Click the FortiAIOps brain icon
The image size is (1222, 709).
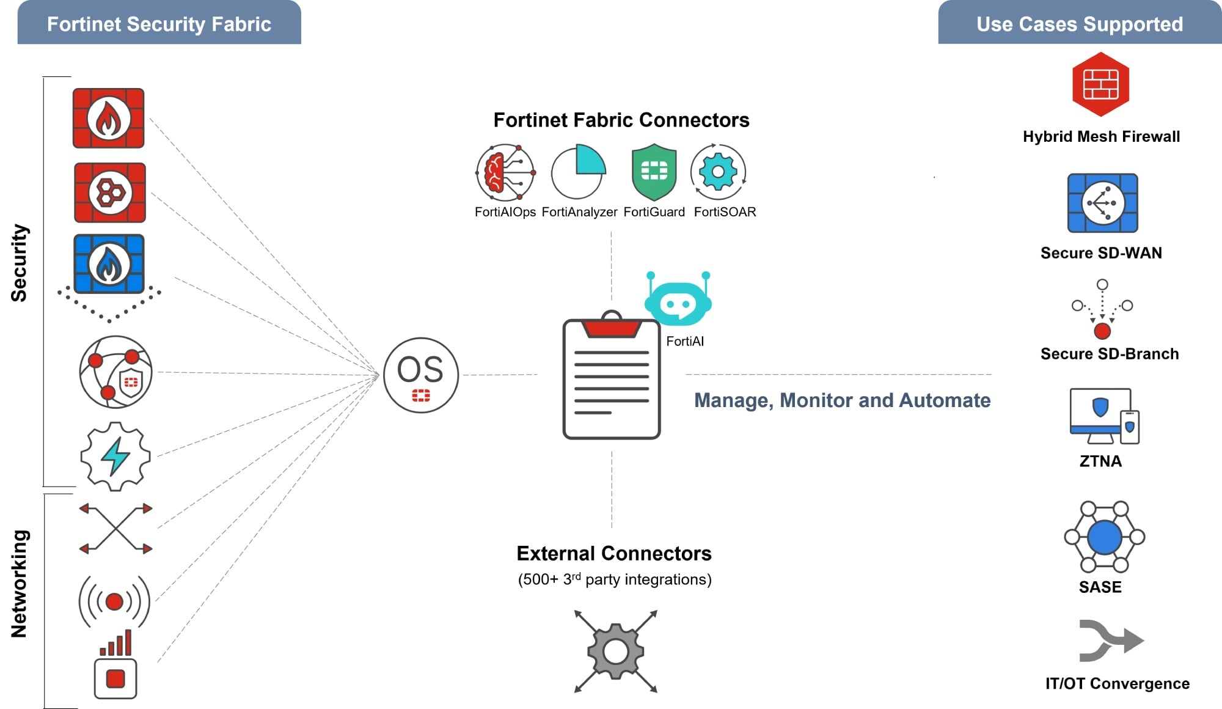tap(505, 172)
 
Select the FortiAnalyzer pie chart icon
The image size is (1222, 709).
tap(578, 172)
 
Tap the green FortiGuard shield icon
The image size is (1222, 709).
tap(654, 172)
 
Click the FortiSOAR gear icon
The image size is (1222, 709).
tap(718, 172)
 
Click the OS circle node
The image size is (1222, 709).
tap(421, 375)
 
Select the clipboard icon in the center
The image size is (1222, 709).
tap(611, 379)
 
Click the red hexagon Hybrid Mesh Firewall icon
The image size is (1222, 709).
tap(1100, 84)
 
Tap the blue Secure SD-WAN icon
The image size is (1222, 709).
tap(1102, 203)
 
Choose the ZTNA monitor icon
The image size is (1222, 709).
tap(1103, 416)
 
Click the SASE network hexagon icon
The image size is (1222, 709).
tap(1104, 537)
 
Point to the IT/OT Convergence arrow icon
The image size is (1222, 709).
tap(1110, 641)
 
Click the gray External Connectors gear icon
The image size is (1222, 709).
tap(615, 652)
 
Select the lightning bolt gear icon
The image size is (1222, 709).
tap(115, 456)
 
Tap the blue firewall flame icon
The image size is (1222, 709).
tap(109, 264)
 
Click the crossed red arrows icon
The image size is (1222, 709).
tap(115, 528)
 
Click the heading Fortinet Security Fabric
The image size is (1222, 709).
tap(159, 24)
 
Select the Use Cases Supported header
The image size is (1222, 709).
tap(1080, 24)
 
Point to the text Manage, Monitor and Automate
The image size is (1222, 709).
tap(842, 400)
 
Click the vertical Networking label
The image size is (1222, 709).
tap(20, 584)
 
